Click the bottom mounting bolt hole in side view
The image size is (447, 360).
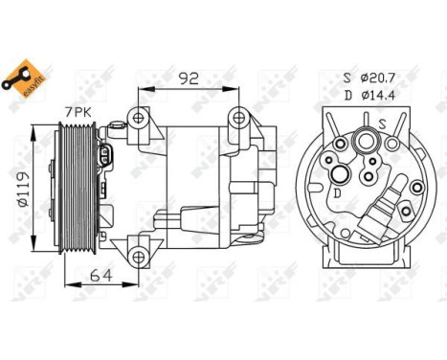pyautogui.click(x=140, y=256)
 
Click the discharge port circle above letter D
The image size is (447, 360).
pyautogui.click(x=341, y=175)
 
